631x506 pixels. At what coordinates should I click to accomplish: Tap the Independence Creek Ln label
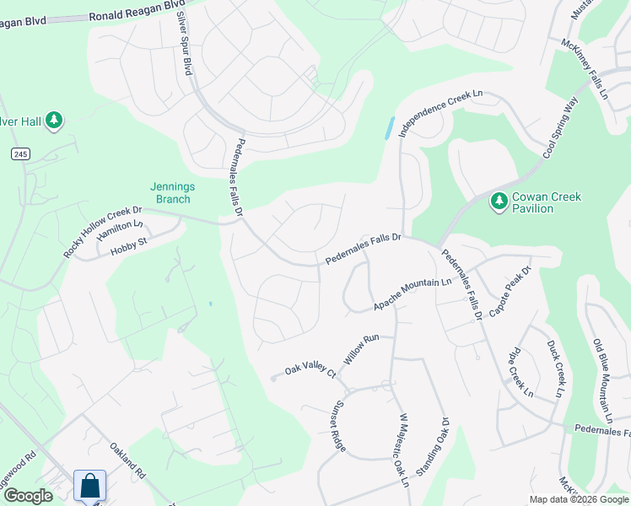(440, 116)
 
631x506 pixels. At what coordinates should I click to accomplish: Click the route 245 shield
(20, 153)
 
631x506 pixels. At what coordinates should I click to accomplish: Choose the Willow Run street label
(361, 347)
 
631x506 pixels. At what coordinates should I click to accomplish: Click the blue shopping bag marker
(89, 486)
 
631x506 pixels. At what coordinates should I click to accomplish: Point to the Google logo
(28, 496)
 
